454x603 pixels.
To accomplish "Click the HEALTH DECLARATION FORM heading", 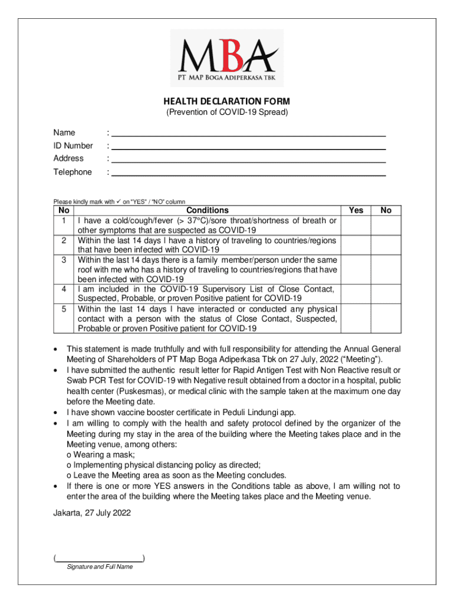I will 227,101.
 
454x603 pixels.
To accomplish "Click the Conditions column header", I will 207,210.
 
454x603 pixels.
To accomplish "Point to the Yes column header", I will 356,210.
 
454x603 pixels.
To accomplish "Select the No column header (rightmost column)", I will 386,210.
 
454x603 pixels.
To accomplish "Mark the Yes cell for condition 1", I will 356,225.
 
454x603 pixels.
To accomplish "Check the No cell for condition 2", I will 386,244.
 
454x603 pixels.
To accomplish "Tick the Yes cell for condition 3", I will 356,269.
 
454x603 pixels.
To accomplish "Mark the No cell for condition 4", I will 386,293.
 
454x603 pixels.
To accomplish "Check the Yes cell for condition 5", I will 356,318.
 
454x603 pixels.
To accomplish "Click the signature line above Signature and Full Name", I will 99,557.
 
